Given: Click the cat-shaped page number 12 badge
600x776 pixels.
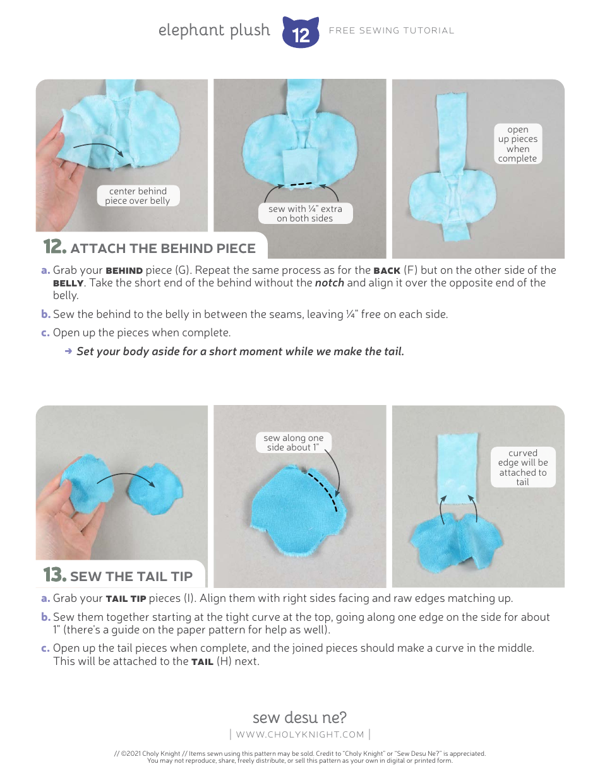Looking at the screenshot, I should (x=301, y=33).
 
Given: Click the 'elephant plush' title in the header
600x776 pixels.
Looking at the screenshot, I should (x=214, y=30).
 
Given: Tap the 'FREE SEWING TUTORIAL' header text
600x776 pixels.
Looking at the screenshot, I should (x=392, y=30).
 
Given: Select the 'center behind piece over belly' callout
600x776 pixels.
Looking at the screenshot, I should (x=138, y=196).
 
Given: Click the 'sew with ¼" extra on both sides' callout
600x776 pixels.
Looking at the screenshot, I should (x=305, y=213).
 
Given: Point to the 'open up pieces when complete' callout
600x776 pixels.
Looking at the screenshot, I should (x=517, y=144).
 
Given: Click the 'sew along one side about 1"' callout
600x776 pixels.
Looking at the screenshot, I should (x=293, y=442).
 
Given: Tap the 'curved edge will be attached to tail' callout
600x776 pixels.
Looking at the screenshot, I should (x=523, y=467).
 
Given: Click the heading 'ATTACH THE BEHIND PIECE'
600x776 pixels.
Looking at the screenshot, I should (x=163, y=248).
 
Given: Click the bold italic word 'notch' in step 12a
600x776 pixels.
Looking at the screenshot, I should (x=330, y=283).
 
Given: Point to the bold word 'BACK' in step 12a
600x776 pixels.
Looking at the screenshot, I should (x=387, y=271).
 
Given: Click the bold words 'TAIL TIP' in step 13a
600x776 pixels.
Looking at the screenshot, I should (x=126, y=599).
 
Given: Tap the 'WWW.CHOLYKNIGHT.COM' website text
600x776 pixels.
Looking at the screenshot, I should (x=300, y=734).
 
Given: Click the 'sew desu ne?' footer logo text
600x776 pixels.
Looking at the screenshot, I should (x=299, y=717).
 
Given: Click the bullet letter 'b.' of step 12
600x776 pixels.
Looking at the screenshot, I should (x=45, y=314).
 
